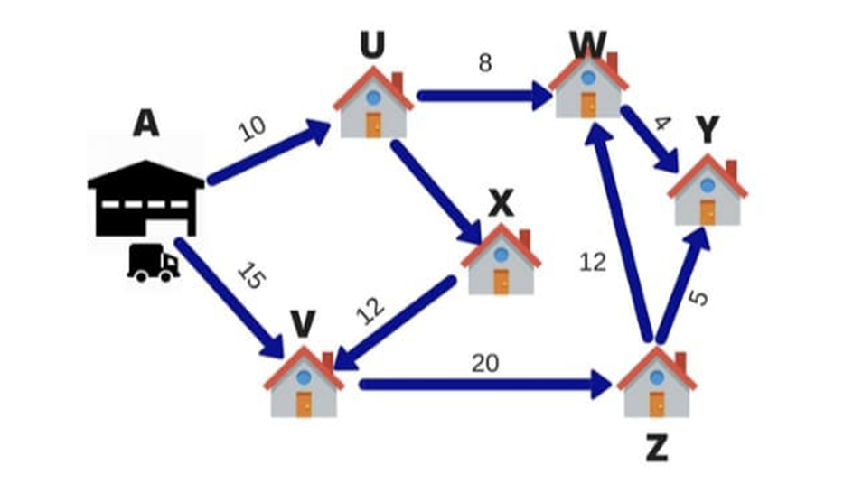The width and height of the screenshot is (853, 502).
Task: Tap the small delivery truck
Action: point(153,262)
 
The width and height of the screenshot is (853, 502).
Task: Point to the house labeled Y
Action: point(708,191)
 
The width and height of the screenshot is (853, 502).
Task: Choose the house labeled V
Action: point(304,383)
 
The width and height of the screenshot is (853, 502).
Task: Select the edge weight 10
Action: point(253,130)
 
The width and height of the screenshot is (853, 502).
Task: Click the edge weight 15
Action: point(252,275)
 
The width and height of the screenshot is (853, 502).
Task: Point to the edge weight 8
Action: point(485,66)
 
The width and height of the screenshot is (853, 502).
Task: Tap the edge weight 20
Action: point(484,363)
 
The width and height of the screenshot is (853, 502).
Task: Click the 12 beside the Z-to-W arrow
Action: point(593,264)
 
